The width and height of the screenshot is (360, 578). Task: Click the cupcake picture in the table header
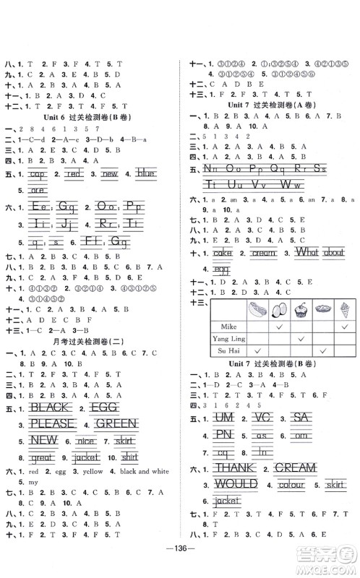301,317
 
